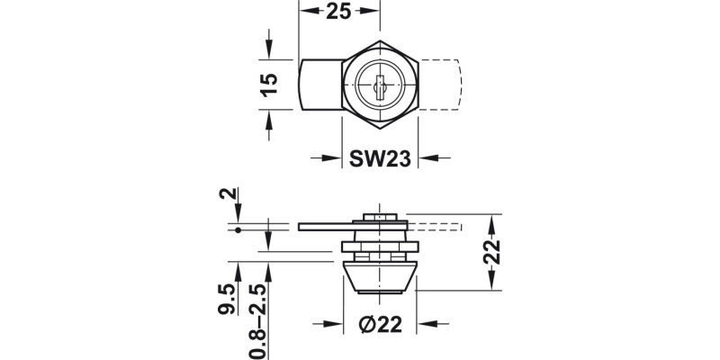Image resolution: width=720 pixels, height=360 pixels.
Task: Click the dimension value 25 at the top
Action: [x=339, y=13]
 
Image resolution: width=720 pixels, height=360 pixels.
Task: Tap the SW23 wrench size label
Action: [x=381, y=158]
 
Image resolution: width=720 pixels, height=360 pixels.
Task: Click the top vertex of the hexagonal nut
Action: [x=382, y=40]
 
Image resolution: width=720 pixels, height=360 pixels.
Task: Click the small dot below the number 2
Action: [x=237, y=231]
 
